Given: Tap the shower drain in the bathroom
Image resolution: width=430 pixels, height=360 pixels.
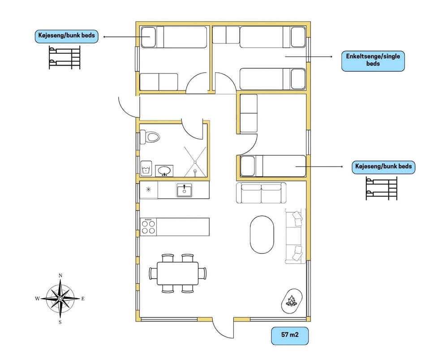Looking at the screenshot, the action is [x=195, y=162].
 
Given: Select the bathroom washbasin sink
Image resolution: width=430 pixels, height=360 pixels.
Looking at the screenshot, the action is [x=164, y=171].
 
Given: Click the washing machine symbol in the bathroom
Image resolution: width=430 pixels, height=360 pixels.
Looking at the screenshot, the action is [x=146, y=168].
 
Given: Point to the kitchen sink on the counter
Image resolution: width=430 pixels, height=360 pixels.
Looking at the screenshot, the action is [x=184, y=190].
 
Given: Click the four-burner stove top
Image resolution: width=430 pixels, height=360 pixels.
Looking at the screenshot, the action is [x=148, y=227].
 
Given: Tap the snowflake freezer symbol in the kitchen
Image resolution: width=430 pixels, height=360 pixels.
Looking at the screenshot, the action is [x=148, y=189].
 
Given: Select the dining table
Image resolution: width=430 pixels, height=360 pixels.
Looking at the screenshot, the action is [x=178, y=274].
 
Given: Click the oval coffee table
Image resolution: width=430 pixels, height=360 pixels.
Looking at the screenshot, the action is [x=262, y=235].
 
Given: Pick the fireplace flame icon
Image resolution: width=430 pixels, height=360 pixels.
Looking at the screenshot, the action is [x=292, y=301].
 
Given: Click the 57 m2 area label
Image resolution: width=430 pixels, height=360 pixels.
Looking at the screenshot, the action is [x=290, y=334].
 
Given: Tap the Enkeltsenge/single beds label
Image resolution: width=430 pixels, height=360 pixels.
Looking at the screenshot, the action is [x=373, y=60].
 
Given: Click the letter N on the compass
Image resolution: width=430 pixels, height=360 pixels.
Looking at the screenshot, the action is [x=60, y=275].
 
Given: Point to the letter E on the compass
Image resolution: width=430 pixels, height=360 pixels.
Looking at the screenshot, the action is [x=83, y=299].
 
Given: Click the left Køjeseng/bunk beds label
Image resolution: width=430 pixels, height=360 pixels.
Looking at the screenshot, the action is [x=67, y=35].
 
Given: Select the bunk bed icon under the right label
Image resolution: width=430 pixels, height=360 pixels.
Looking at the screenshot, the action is [x=382, y=189].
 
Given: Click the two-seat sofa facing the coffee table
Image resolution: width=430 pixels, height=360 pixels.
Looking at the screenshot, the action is [x=261, y=193].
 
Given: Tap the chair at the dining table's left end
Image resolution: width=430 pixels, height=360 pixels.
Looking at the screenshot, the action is [x=153, y=274].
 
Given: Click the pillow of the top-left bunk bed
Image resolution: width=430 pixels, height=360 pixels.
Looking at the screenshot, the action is [x=148, y=37].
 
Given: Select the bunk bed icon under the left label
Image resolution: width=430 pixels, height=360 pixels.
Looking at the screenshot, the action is [x=64, y=58].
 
